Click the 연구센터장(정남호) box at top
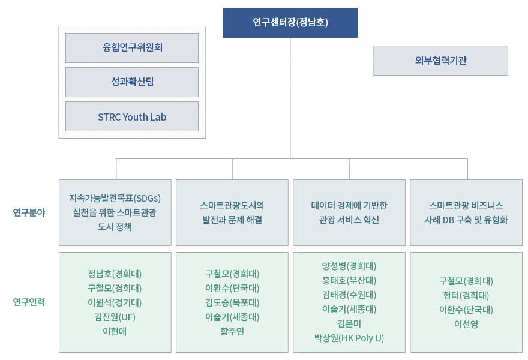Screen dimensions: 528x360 coord(290,23)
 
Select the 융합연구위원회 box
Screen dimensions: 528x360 coord(132,48)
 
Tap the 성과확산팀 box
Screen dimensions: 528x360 coord(132,82)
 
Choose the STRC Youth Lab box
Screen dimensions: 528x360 coord(132,116)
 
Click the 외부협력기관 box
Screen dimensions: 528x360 coord(440,61)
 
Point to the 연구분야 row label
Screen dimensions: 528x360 coord(29,212)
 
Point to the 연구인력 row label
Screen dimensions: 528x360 coord(29,302)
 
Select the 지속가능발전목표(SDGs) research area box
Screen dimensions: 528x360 coord(115,212)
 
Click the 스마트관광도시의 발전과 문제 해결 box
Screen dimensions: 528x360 coord(232,212)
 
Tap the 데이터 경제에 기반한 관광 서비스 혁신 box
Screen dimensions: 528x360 coord(349,212)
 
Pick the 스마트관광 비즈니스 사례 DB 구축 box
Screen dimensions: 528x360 coord(466,212)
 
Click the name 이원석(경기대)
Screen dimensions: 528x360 coord(115,302)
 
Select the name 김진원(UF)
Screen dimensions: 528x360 coord(115,317)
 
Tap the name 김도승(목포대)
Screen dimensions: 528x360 coord(232,302)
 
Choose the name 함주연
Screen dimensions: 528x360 coord(232,331)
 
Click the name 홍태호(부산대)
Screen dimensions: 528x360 coord(349,281)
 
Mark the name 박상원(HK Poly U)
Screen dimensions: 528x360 coord(349,338)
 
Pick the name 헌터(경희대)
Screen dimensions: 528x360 coord(466,295)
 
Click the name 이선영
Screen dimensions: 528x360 coord(466,324)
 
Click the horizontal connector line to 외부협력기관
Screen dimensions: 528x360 coord(332,61)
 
